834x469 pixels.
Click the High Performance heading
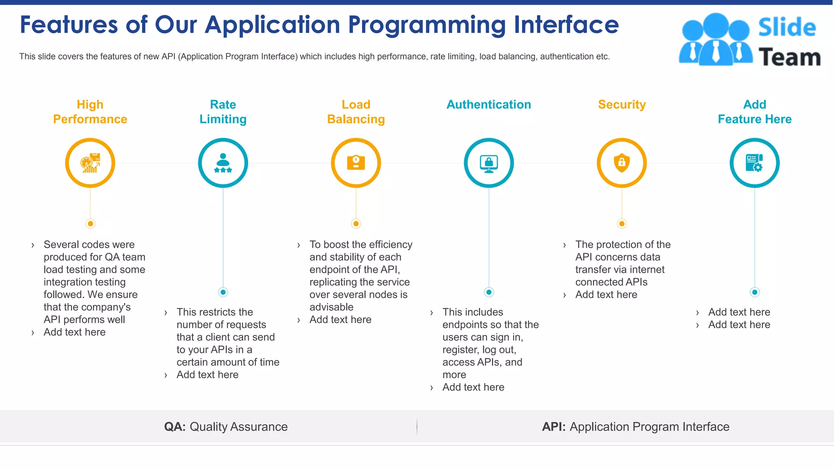coord(90,112)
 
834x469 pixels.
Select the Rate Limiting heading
coord(223,112)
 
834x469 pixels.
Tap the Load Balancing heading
coord(356,112)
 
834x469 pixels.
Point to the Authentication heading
coord(489,105)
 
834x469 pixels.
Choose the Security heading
coord(622,105)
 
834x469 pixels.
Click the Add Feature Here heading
coord(755,112)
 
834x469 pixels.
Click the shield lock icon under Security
coord(621,163)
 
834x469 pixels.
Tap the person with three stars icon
coord(223,163)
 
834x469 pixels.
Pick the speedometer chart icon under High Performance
coord(90,163)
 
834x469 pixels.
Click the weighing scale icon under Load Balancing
coord(356,163)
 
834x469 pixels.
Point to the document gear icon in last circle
coord(754,163)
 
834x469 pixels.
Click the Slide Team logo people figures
coord(715,39)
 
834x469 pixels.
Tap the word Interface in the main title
coord(566,24)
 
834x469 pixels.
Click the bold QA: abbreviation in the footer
coord(175,427)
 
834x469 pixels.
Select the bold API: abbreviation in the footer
coord(553,427)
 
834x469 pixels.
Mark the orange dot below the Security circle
coord(621,224)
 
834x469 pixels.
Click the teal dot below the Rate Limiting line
coord(223,292)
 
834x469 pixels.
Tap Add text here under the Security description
coord(606,295)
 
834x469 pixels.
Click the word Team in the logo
coord(789,57)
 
